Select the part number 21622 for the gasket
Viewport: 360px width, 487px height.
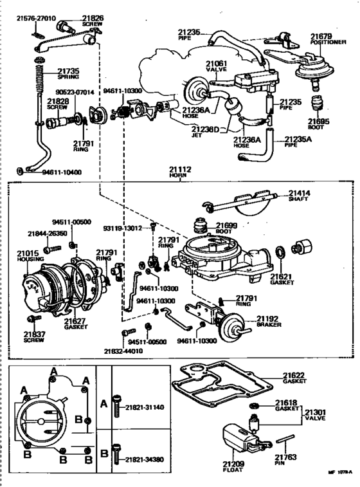[x=294, y=375]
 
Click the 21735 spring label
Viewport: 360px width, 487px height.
[x=68, y=70]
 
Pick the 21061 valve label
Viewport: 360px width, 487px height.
[x=215, y=64]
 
